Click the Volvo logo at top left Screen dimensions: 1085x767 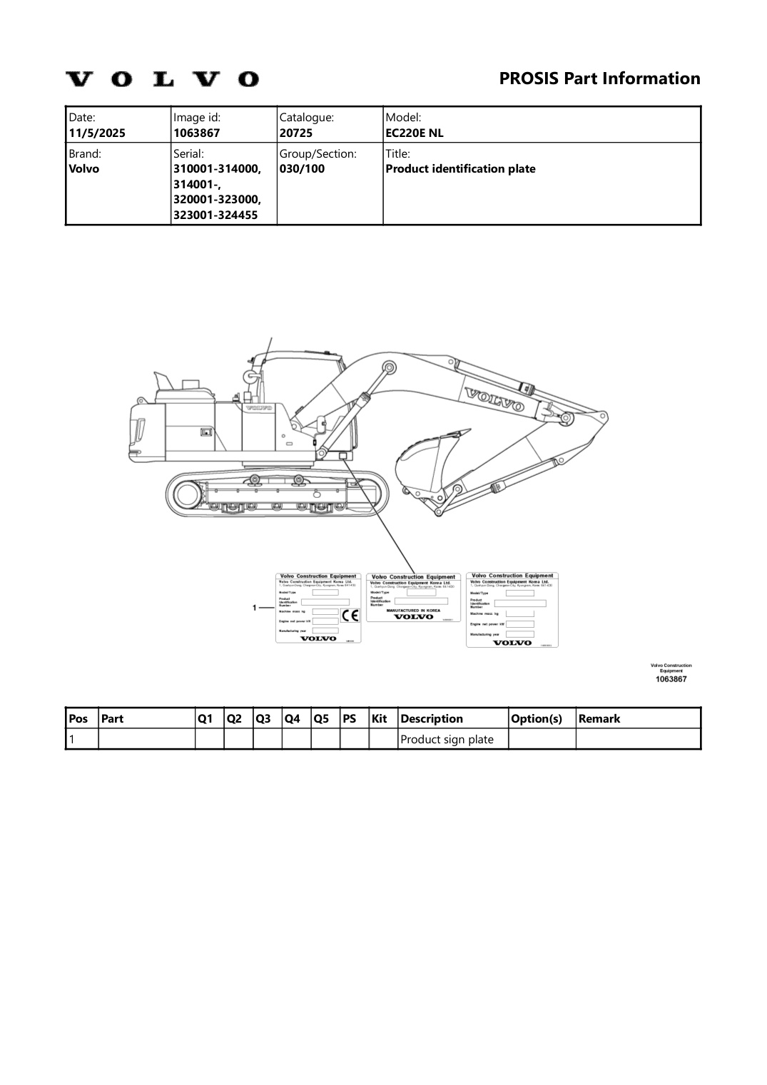(x=163, y=78)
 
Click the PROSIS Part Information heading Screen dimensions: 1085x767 (x=599, y=78)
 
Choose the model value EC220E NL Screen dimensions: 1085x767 (x=415, y=133)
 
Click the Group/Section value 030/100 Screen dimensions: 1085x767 (x=302, y=169)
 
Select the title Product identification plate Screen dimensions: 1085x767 (x=460, y=169)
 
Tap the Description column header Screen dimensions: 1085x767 (x=432, y=718)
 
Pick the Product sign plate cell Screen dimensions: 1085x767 (x=447, y=739)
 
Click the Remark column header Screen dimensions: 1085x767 (x=599, y=718)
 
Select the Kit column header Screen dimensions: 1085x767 (x=379, y=718)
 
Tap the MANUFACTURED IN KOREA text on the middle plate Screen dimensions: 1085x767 (x=413, y=611)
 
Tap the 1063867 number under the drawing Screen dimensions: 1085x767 (x=671, y=679)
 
